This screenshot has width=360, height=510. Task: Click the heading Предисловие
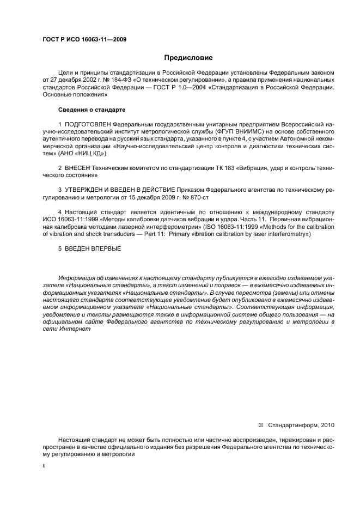click(x=188, y=58)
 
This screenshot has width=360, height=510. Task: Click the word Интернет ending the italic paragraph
click(x=72, y=330)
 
